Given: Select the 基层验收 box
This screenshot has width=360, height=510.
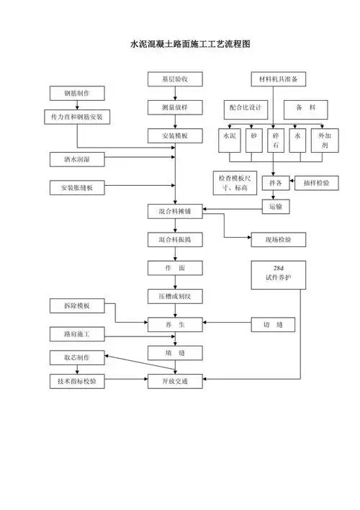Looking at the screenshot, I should pos(175,79).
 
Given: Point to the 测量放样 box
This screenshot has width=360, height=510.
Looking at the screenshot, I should pos(175,107).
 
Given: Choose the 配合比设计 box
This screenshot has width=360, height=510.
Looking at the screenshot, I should pos(245,107).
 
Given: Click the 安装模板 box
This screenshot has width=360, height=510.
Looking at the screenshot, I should pos(175,135).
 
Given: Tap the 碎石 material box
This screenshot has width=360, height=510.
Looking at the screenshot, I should pos(276,140).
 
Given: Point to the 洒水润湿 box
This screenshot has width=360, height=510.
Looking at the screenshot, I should pos(76,158).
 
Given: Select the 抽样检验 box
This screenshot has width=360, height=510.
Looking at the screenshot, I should pos(317,183).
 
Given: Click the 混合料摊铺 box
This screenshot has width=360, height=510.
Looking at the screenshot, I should pos(175,212).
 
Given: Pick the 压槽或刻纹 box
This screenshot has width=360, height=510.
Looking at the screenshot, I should pos(175,296).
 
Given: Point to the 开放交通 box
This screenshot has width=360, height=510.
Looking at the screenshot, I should pos(175,382).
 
